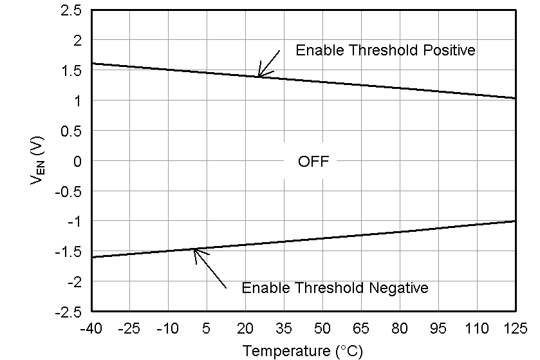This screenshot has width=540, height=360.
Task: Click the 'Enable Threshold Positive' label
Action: click(x=385, y=50)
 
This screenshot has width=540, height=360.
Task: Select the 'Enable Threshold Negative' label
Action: click(x=335, y=288)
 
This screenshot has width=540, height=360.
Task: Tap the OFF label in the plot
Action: click(x=313, y=162)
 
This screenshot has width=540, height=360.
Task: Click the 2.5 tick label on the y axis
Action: click(x=72, y=10)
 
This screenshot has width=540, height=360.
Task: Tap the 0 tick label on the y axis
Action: click(x=77, y=161)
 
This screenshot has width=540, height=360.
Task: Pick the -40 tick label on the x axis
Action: click(x=91, y=328)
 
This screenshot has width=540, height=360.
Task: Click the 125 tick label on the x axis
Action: click(x=516, y=328)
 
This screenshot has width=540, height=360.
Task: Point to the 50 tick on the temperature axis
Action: click(x=322, y=328)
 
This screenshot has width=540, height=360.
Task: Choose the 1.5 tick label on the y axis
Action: click(x=72, y=71)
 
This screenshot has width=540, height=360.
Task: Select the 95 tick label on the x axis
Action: click(x=438, y=328)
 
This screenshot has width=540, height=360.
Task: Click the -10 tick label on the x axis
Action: click(x=168, y=328)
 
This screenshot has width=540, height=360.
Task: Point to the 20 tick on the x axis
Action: click(x=245, y=328)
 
